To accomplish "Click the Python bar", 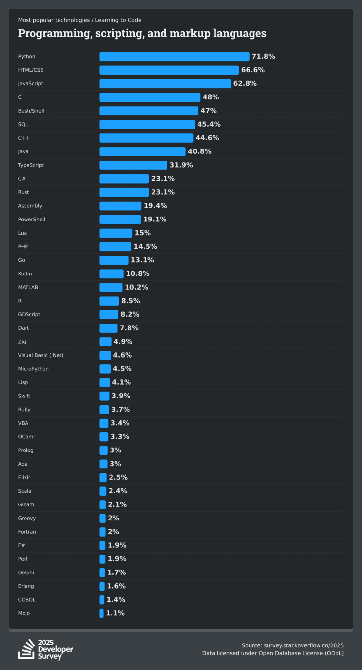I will coord(174,57).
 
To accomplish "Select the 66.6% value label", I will coord(253,70).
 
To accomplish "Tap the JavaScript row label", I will coord(30,84).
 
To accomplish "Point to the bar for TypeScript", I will coord(133,165).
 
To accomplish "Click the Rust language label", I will coord(24,192).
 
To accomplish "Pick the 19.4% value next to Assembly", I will coord(155,206).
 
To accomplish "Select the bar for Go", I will coord(114,260).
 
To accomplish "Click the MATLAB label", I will coord(28,287).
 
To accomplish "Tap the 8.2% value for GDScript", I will coord(130,314).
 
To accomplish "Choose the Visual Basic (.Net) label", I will coord(41,355).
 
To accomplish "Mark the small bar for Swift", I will coord(104,396).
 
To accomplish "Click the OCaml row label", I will coord(26,437).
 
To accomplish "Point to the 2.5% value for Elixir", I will coord(118,477).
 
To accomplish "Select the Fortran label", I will coord(27,532).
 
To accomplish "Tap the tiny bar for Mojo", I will coord(101,613).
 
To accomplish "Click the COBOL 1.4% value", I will coord(116,600).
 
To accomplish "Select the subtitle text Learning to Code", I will coord(118,20).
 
